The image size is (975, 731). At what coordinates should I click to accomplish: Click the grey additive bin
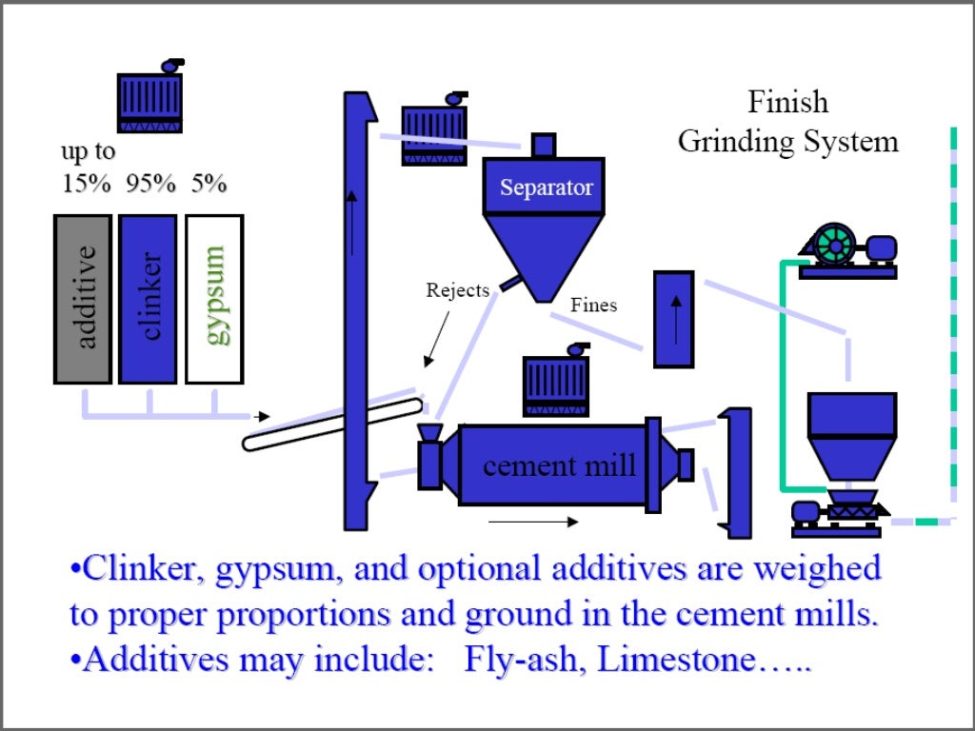pyautogui.click(x=83, y=298)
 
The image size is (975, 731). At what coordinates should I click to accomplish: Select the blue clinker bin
pyautogui.click(x=148, y=298)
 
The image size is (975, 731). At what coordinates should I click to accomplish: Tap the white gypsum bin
pyautogui.click(x=214, y=298)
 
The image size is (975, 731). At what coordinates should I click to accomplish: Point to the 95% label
pyautogui.click(x=151, y=183)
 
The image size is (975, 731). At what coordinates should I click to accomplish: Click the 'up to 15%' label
pyautogui.click(x=88, y=168)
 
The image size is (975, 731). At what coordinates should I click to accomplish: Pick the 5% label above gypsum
pyautogui.click(x=209, y=183)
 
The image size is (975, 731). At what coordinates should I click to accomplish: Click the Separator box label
pyautogui.click(x=547, y=188)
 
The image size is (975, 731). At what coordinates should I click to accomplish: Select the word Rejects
pyautogui.click(x=457, y=290)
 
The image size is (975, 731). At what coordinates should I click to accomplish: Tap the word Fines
pyautogui.click(x=593, y=306)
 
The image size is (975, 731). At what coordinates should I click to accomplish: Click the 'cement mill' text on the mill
pyautogui.click(x=559, y=465)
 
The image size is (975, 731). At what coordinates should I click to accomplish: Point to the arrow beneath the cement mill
pyautogui.click(x=532, y=522)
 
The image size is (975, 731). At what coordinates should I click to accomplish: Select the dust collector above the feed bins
pyautogui.click(x=149, y=98)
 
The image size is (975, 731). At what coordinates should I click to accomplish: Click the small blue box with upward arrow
pyautogui.click(x=673, y=319)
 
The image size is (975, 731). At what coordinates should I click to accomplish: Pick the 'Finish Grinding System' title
pyautogui.click(x=787, y=122)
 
